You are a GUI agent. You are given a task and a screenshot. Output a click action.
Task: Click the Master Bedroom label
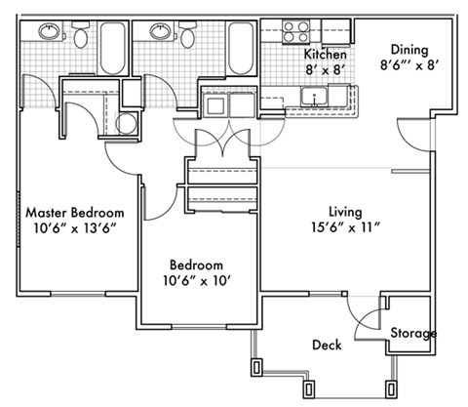pyautogui.click(x=75, y=212)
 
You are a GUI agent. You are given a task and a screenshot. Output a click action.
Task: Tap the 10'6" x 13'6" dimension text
pyautogui.click(x=75, y=231)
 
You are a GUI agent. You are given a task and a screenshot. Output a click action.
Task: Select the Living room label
pyautogui.click(x=345, y=211)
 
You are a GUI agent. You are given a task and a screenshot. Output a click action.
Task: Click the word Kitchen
pyautogui.click(x=325, y=54)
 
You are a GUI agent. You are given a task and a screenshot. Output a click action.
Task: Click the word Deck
pyautogui.click(x=326, y=346)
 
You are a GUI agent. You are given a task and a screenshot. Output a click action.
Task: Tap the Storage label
pyautogui.click(x=413, y=334)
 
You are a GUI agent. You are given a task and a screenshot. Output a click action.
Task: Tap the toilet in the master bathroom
pyautogui.click(x=81, y=32)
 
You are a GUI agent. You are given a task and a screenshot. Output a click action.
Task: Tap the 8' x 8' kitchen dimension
pyautogui.click(x=325, y=70)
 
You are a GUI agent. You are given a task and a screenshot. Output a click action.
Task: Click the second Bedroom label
pyautogui.click(x=196, y=265)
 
